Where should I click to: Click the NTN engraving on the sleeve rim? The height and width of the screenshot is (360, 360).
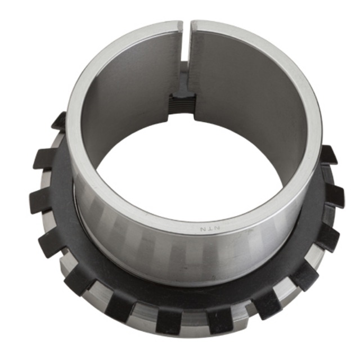(210, 228)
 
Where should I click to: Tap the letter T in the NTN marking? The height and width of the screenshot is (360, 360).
(210, 229)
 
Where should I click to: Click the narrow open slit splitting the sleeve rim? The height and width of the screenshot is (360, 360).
(187, 41)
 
